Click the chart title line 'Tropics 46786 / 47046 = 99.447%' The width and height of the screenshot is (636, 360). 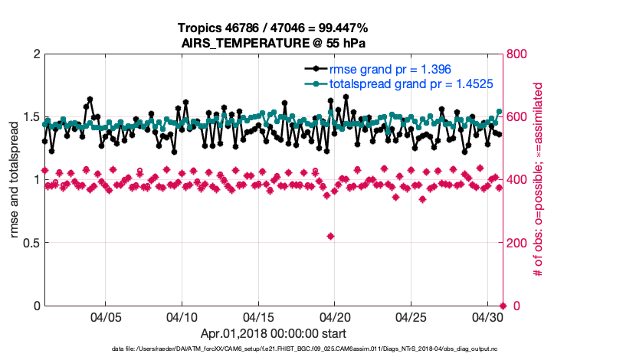(x=272, y=28)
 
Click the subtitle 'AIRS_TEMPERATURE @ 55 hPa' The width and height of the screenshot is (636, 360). (x=272, y=43)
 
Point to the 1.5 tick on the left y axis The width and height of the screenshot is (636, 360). (x=29, y=117)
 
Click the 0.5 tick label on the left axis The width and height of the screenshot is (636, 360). (x=29, y=243)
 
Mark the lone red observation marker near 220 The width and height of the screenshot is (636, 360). (x=330, y=236)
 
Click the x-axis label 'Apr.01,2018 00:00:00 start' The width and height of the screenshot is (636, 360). (x=273, y=333)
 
